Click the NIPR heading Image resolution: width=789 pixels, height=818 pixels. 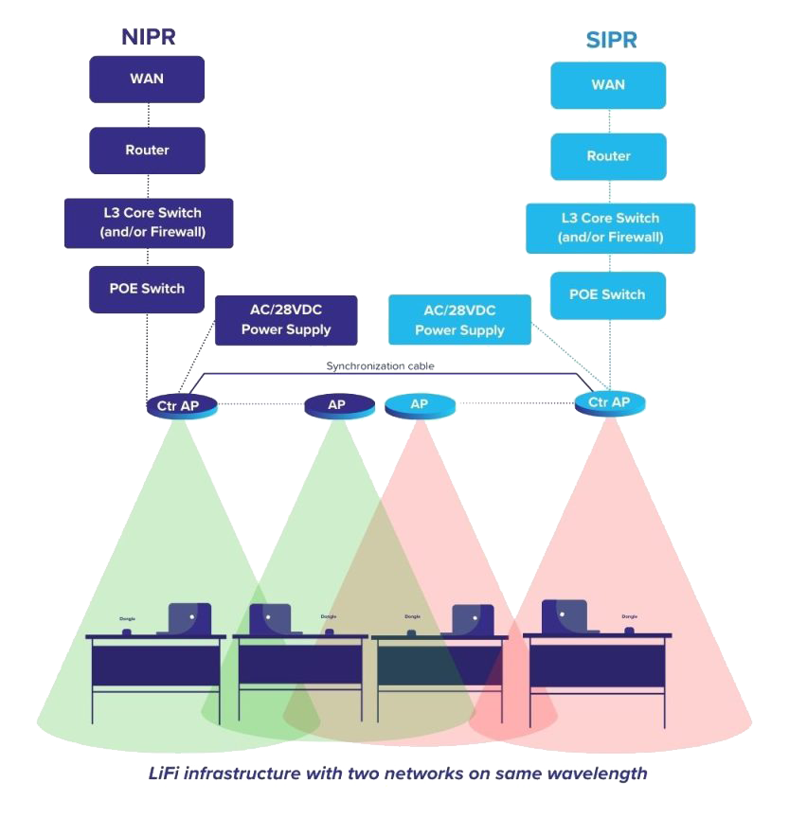point(149,37)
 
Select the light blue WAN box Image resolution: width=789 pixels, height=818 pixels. point(608,84)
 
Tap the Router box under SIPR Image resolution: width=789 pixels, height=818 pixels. point(608,156)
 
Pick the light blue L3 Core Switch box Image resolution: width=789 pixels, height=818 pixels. point(610,227)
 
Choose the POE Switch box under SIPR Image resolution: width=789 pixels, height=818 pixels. point(608,294)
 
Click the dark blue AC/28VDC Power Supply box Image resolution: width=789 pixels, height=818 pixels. point(286,320)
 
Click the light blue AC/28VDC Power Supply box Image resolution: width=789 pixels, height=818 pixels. point(459,320)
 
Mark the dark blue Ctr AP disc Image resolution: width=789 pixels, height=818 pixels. point(181,406)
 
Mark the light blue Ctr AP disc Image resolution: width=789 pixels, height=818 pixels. point(609,402)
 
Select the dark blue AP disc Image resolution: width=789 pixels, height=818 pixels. point(337,405)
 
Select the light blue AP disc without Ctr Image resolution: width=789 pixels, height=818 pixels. point(420,405)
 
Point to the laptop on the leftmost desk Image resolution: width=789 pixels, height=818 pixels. point(188,619)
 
